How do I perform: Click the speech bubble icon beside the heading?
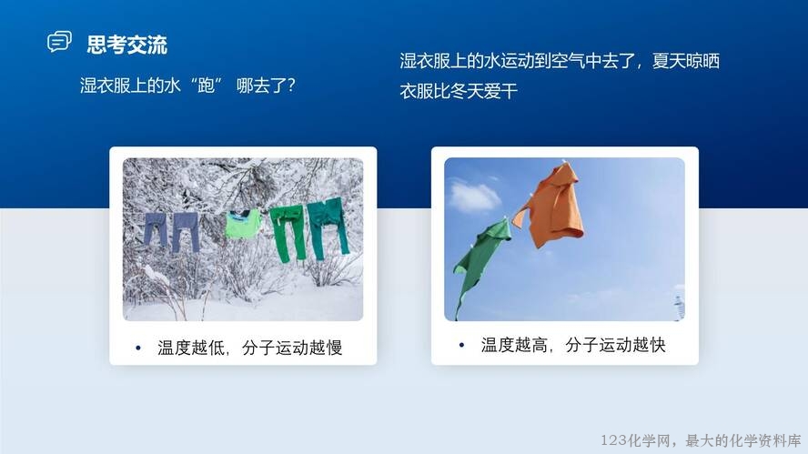click(x=59, y=42)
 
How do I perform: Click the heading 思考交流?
click(x=126, y=45)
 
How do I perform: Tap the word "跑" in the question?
click(x=207, y=85)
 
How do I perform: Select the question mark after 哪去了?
click(x=291, y=85)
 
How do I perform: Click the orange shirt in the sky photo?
click(x=550, y=205)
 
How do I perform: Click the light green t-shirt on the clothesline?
click(x=243, y=224)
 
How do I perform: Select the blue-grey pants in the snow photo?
click(x=171, y=230)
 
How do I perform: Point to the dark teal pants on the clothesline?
click(x=328, y=227)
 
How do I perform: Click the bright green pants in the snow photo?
click(x=288, y=232)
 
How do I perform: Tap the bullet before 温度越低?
click(x=138, y=348)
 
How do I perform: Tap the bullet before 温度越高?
click(x=461, y=345)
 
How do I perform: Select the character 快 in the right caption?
click(x=658, y=345)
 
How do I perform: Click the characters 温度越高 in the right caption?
click(x=514, y=345)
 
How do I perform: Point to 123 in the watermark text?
click(x=613, y=440)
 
